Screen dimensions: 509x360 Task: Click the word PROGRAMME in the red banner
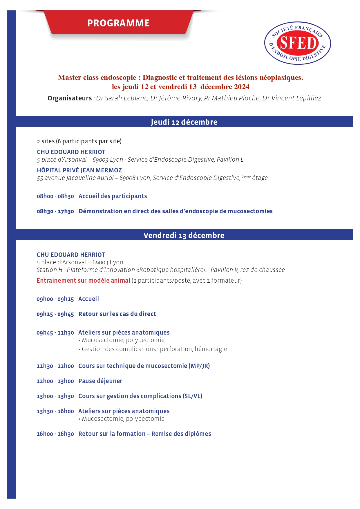pyautogui.click(x=118, y=23)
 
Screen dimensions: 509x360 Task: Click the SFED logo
pyautogui.click(x=297, y=43)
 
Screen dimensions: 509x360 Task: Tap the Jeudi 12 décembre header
pyautogui.click(x=184, y=122)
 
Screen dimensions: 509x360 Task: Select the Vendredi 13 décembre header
pyautogui.click(x=184, y=235)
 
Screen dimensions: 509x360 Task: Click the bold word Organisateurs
pyautogui.click(x=70, y=98)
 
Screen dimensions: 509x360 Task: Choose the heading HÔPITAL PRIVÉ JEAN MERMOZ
pyautogui.click(x=79, y=170)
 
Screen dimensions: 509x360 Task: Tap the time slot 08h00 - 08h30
pyautogui.click(x=55, y=196)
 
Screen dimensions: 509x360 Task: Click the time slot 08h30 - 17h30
pyautogui.click(x=55, y=212)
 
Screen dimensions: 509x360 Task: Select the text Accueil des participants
pyautogui.click(x=113, y=196)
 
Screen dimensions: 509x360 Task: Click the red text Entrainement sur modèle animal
pyautogui.click(x=83, y=281)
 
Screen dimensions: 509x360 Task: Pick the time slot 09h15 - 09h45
pyautogui.click(x=55, y=314)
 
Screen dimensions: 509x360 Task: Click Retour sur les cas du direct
pyautogui.click(x=117, y=314)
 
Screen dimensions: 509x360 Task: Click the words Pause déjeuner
pyautogui.click(x=100, y=381)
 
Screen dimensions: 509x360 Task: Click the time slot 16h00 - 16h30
pyautogui.click(x=55, y=434)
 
